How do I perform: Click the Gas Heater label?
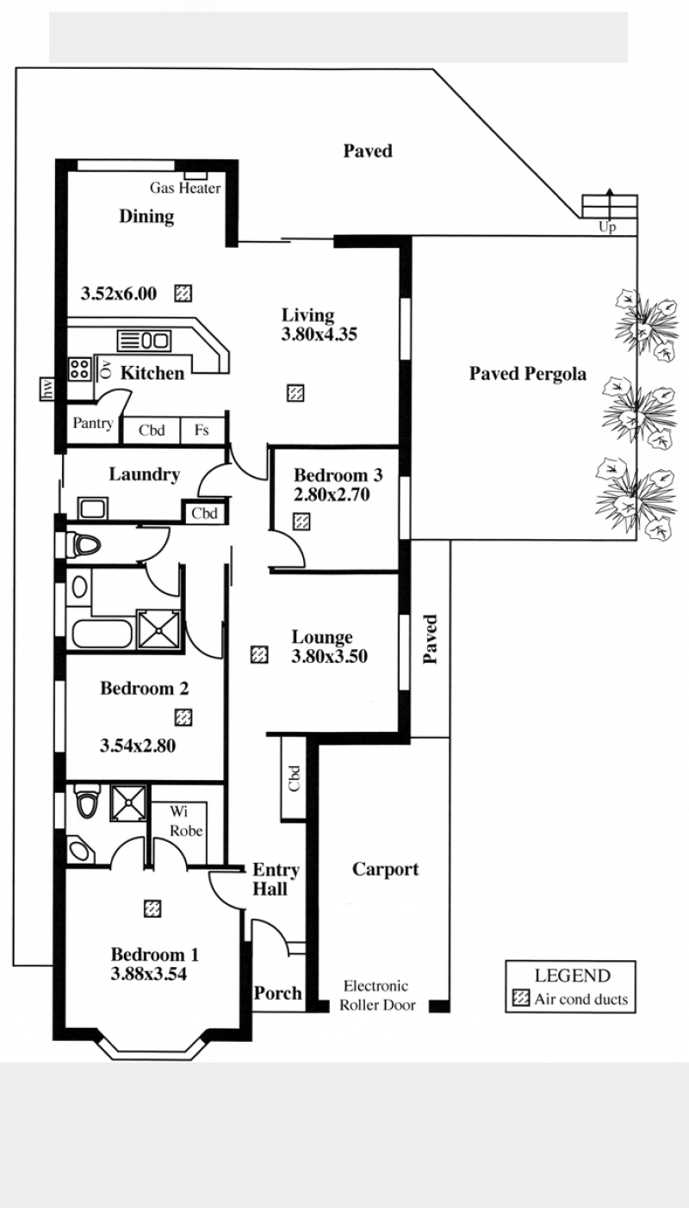[185, 188]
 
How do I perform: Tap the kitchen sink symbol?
[144, 340]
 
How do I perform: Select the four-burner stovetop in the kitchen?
[80, 369]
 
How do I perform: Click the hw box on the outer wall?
[47, 389]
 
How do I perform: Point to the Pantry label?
[93, 423]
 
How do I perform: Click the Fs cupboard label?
[202, 430]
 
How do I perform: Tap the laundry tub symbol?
[93, 508]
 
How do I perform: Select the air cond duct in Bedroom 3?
[301, 522]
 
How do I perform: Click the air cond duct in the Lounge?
[259, 654]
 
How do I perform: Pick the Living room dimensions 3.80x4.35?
[320, 334]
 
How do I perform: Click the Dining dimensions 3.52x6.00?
[119, 294]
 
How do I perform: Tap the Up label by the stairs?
[607, 227]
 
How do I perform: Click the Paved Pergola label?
[528, 374]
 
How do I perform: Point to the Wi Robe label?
[186, 821]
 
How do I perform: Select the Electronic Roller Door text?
[378, 995]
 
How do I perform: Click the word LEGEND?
[573, 976]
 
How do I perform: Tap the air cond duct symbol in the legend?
[521, 998]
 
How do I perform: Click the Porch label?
[278, 993]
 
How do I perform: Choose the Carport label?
[385, 870]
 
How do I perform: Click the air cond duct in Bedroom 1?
[152, 908]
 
